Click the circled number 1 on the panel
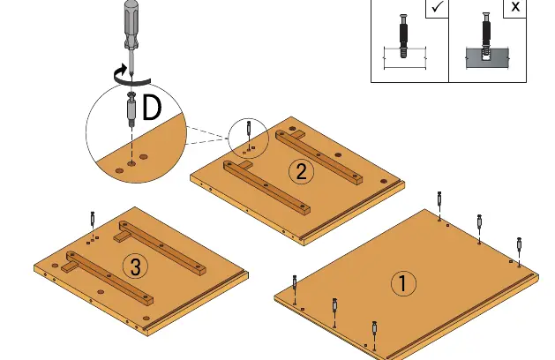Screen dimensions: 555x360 click(x=403, y=283)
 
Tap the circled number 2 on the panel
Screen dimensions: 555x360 click(x=301, y=172)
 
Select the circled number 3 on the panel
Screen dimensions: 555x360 click(x=136, y=266)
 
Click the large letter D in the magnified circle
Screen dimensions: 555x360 click(x=152, y=107)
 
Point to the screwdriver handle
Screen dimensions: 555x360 click(x=131, y=25)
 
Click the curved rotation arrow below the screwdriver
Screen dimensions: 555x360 click(x=131, y=78)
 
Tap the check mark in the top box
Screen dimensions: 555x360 click(x=438, y=7)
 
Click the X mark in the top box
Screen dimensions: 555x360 click(x=515, y=7)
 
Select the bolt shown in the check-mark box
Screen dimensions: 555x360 click(x=403, y=36)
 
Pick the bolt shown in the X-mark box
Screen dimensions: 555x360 click(x=486, y=35)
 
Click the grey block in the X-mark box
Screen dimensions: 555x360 click(x=487, y=58)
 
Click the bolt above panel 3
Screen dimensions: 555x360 click(x=93, y=220)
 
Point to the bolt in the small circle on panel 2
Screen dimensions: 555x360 click(x=249, y=128)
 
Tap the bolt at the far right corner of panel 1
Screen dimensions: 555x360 click(x=519, y=245)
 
